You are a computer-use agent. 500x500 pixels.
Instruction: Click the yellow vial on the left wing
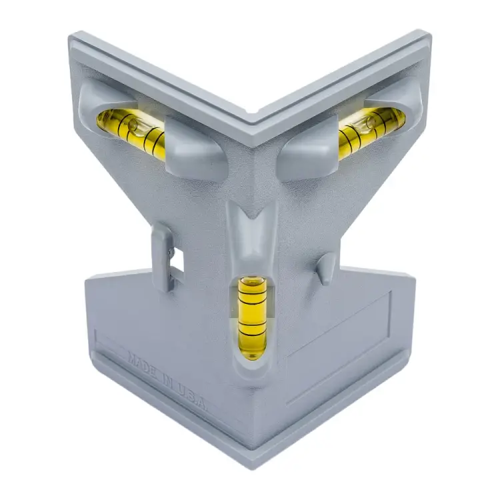[x=131, y=131]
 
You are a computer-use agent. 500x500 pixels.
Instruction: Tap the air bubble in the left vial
[x=132, y=125]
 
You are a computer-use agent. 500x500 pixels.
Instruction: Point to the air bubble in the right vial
[x=371, y=123]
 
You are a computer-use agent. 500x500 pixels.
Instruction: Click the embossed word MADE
[x=143, y=365]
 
